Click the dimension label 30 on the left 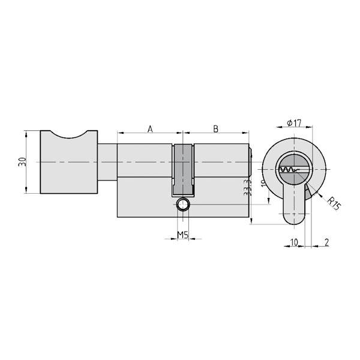tap(22, 161)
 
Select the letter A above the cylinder tap(150, 128)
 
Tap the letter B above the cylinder tap(215, 128)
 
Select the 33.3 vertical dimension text tap(247, 190)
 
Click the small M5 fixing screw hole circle tap(182, 206)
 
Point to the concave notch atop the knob tap(67, 136)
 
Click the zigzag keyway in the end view tap(292, 171)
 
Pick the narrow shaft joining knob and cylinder tap(107, 163)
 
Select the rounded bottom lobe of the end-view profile tap(294, 215)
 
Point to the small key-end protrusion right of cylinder tap(252, 162)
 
